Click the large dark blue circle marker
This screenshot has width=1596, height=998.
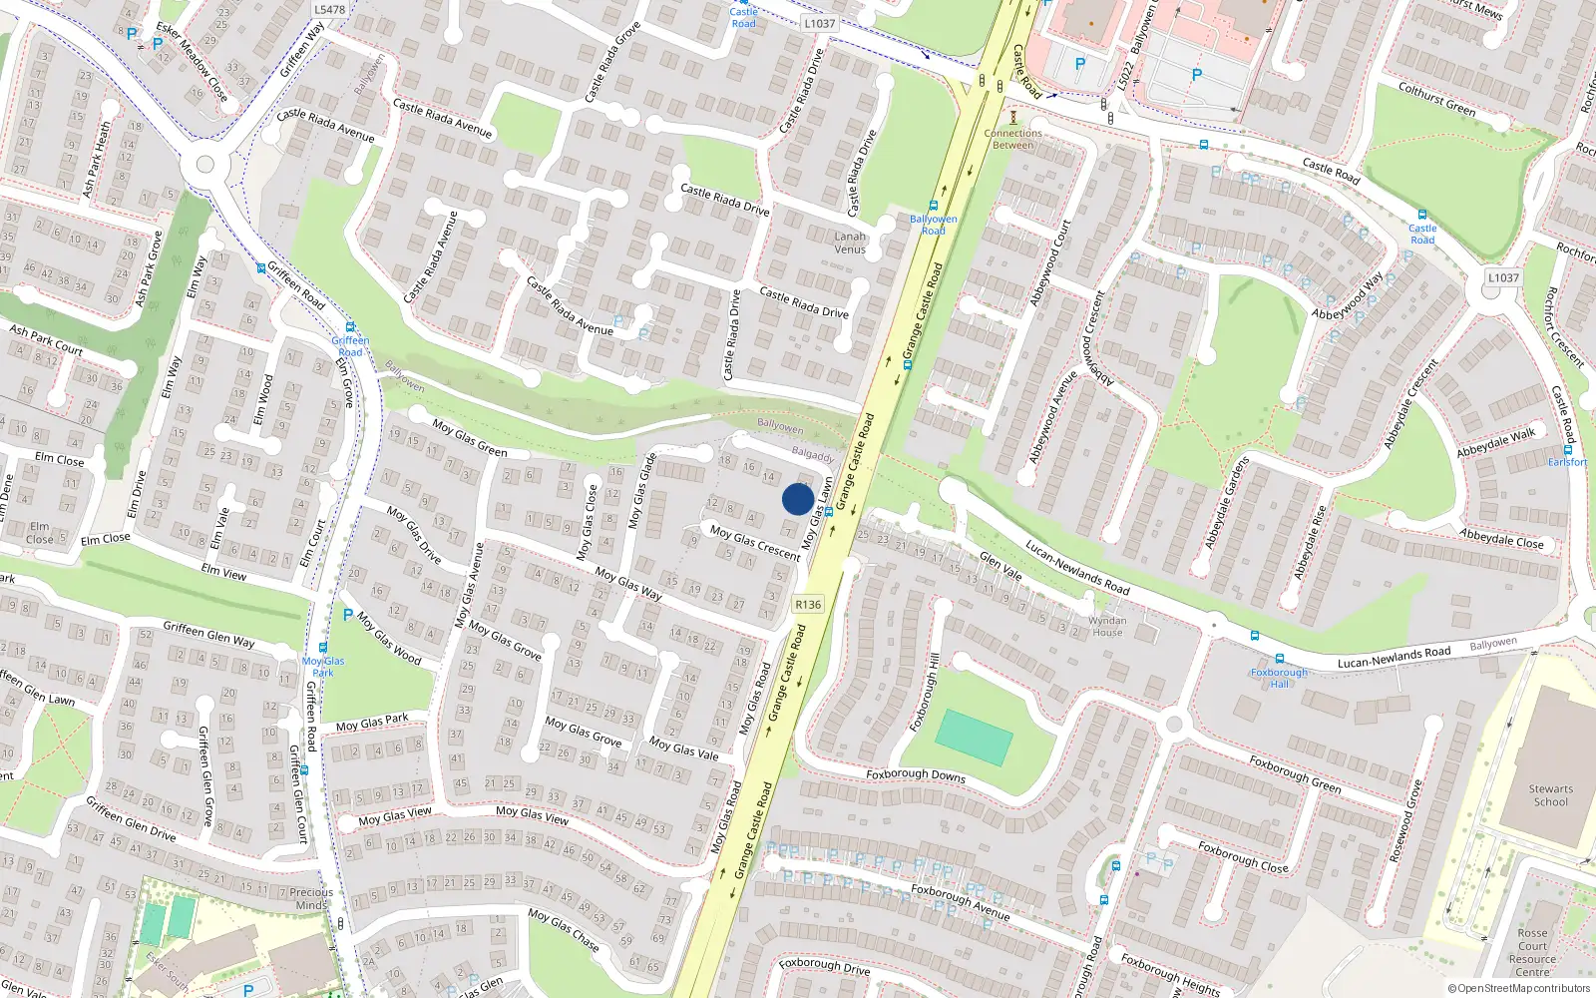coord(797,499)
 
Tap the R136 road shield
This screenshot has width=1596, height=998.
coord(808,605)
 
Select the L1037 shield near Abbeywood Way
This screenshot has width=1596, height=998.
coord(1503,278)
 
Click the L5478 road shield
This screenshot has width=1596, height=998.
coord(329,10)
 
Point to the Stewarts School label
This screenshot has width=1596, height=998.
coord(1550,795)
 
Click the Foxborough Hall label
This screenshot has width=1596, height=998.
coord(1279,678)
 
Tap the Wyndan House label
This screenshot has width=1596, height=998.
coord(1107,626)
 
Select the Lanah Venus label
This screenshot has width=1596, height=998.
coord(850,243)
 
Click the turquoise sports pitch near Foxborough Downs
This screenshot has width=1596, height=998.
coord(974,738)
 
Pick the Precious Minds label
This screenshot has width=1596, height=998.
coord(311,898)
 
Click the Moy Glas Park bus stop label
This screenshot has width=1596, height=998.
coord(323,667)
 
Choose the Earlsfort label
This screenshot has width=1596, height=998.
coord(1567,462)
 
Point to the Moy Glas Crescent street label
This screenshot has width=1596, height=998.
coord(755,543)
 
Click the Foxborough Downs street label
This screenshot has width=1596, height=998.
coord(916,774)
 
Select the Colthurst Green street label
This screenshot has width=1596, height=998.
coord(1436,100)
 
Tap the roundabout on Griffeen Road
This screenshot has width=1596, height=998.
coord(205,165)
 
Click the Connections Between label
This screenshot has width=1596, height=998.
coord(1012,139)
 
